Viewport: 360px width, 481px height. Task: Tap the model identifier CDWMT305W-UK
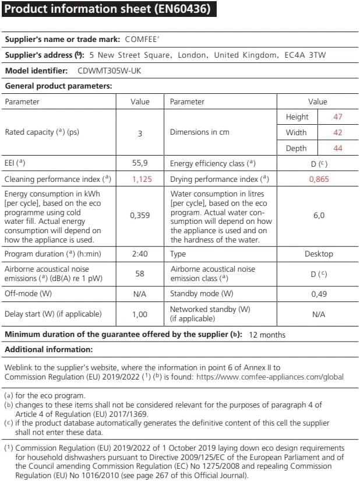[x=110, y=71]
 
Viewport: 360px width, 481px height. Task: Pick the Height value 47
[x=338, y=117]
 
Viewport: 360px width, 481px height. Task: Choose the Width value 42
[x=338, y=132]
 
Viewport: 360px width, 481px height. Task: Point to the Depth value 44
[x=338, y=148]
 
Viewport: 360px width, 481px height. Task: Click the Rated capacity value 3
[x=140, y=133]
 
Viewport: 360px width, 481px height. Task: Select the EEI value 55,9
[x=140, y=164]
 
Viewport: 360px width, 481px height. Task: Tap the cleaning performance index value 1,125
[x=140, y=179]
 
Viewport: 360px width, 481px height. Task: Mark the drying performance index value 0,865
[x=318, y=179]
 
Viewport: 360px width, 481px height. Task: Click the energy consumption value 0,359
[x=140, y=216]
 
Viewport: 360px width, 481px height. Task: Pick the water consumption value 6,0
[x=319, y=216]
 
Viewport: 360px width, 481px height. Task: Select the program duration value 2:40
[x=140, y=254]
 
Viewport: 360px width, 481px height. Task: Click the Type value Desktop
[x=319, y=254]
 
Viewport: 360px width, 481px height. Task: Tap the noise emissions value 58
[x=140, y=273]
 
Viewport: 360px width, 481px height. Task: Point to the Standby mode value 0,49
[x=319, y=294]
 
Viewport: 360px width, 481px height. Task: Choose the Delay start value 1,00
[x=140, y=314]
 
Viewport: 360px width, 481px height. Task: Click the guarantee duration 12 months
[x=267, y=335]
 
